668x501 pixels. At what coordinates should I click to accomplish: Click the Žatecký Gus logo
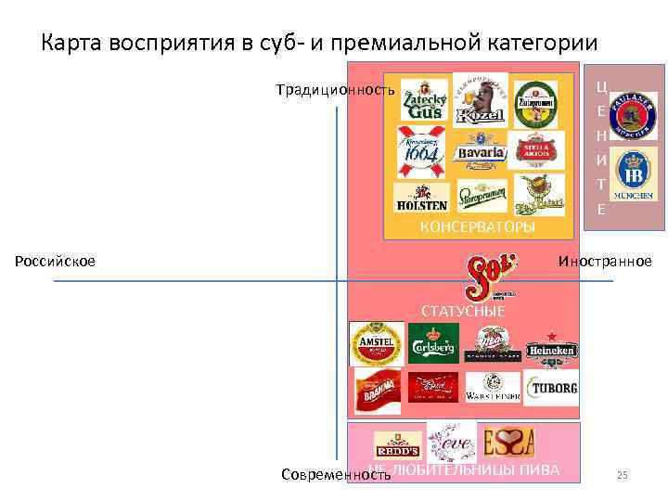(423, 99)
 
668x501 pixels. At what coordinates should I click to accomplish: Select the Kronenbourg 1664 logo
(420, 149)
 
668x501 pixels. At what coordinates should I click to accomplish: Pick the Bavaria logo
(480, 151)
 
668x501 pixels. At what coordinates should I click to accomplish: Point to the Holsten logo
(421, 199)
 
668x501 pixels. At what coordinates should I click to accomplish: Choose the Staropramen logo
(481, 198)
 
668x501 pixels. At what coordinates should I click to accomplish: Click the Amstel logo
(376, 344)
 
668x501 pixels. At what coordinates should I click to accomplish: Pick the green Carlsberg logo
(433, 342)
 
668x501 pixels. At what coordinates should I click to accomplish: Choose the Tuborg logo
(551, 388)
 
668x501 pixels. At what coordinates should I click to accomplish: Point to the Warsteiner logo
(493, 387)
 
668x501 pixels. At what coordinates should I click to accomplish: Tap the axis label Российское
(55, 262)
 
